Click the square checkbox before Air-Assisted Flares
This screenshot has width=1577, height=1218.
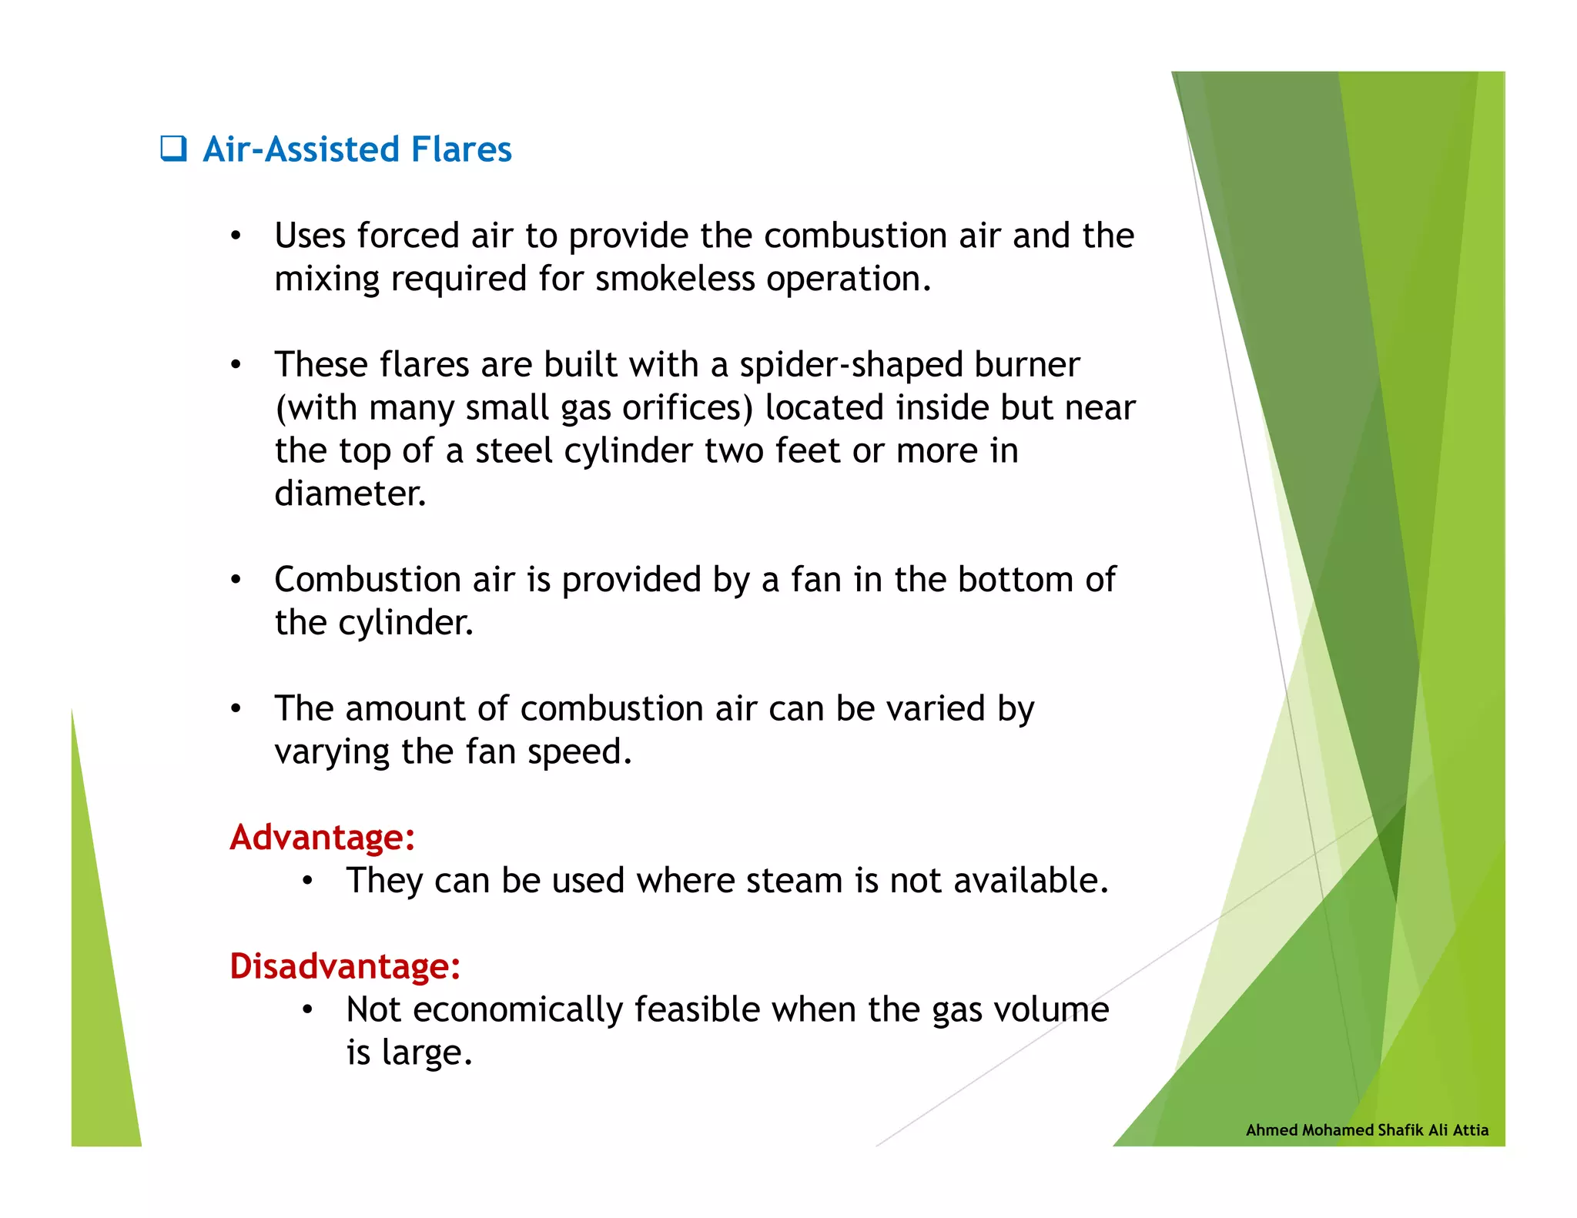(x=173, y=148)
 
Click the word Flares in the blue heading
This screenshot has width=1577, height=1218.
(x=461, y=149)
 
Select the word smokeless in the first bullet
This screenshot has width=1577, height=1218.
(x=675, y=279)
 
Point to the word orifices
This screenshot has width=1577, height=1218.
(x=687, y=408)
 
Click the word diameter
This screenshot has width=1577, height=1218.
(x=350, y=494)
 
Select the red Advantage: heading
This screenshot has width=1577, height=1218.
(x=322, y=837)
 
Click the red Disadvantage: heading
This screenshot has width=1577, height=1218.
(x=345, y=965)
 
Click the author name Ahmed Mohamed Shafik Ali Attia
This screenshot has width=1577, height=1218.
(x=1367, y=1129)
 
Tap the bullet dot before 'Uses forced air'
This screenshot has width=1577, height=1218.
(x=236, y=236)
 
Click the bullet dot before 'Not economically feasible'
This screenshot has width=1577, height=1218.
(x=307, y=1010)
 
